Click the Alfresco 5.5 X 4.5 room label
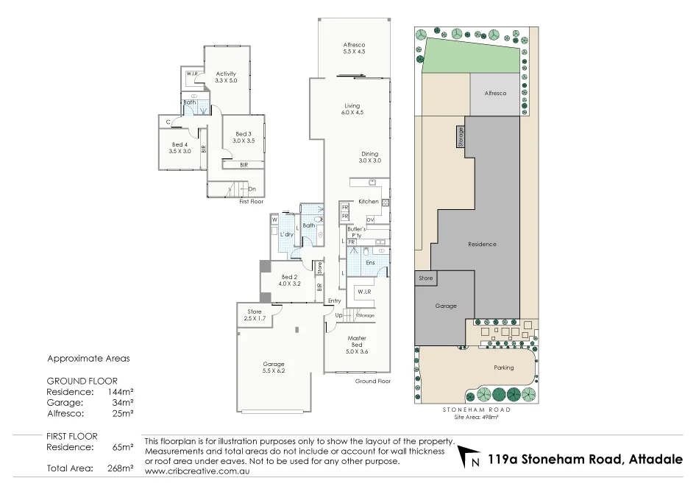(354, 49)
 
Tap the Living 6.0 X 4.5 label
(352, 109)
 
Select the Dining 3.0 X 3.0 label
(369, 157)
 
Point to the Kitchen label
(368, 201)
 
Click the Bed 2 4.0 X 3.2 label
(290, 280)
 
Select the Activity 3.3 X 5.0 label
(226, 77)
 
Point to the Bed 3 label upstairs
(243, 137)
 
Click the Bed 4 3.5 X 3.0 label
(180, 147)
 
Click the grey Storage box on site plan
(461, 137)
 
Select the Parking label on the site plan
(503, 368)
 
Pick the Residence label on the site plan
(482, 244)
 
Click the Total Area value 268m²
(121, 468)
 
